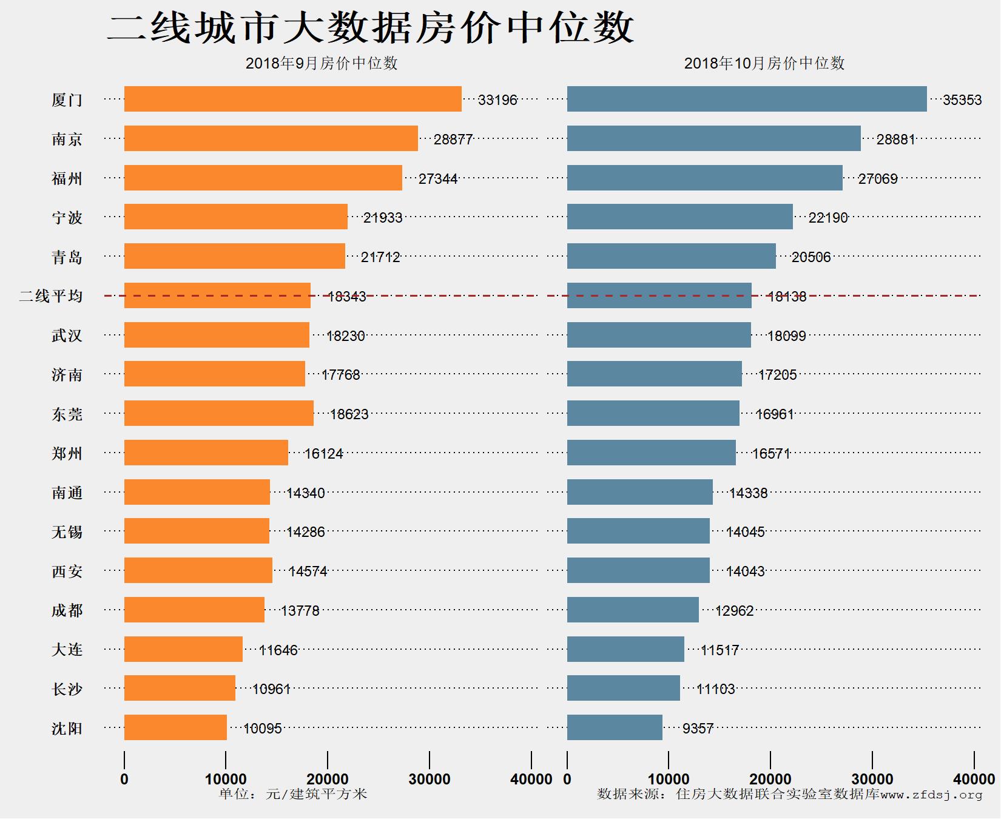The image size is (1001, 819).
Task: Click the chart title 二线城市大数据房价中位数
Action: [370, 28]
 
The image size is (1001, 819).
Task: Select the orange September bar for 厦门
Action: [292, 99]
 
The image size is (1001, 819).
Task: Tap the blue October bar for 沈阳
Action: [615, 727]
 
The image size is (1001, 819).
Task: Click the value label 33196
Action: [497, 100]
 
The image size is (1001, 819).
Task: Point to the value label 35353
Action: [962, 100]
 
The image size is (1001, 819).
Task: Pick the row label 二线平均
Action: [51, 296]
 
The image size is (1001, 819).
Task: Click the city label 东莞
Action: [67, 414]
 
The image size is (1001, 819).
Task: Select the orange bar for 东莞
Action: [218, 413]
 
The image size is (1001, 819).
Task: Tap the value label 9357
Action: [698, 729]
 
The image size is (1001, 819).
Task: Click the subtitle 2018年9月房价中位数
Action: [322, 63]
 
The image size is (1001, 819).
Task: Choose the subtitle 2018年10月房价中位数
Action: [764, 63]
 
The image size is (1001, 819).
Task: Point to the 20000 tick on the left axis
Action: [328, 779]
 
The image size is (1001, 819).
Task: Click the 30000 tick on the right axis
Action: [872, 779]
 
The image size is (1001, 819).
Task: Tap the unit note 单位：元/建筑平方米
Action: [293, 794]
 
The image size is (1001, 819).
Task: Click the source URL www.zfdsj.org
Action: [931, 795]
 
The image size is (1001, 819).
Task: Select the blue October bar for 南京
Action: [713, 138]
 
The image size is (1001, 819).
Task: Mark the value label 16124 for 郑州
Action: [323, 454]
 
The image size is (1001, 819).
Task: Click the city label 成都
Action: [67, 610]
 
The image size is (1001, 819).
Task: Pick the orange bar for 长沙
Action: [180, 688]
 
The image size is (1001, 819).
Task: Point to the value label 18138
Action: [787, 297]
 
